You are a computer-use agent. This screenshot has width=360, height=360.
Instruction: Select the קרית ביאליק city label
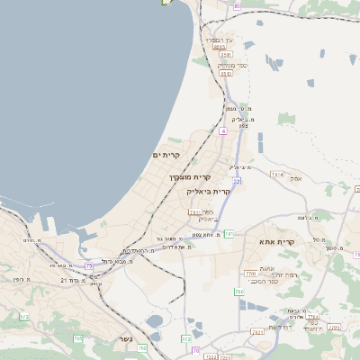pyautogui.click(x=208, y=192)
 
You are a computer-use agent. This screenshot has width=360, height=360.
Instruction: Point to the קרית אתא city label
pyautogui.click(x=276, y=243)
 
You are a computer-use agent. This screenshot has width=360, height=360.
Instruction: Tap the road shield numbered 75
pyautogui.click(x=88, y=265)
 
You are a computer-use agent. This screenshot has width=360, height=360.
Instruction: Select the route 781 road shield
pyautogui.click(x=229, y=234)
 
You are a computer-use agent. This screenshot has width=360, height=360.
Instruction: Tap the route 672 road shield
pyautogui.click(x=185, y=339)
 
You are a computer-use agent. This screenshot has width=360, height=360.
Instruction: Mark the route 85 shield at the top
pyautogui.click(x=237, y=6)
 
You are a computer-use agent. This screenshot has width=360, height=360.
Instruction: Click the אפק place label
pyautogui.click(x=295, y=177)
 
